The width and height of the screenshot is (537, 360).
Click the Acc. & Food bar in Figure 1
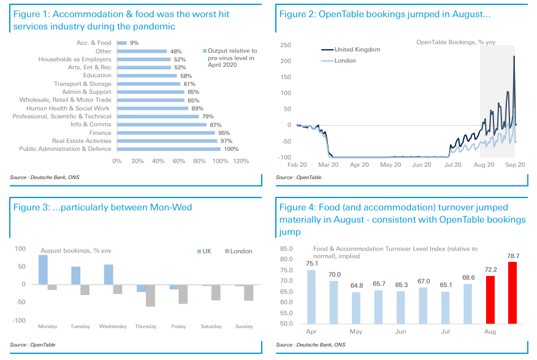pyautogui.click(x=121, y=43)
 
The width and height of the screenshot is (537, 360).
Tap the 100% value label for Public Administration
pyautogui.click(x=231, y=149)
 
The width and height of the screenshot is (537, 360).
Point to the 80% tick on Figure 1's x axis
pyautogui.click(x=199, y=161)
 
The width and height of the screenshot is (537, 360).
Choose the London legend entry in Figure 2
pyautogui.click(x=345, y=61)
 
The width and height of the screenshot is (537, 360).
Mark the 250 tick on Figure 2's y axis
pyautogui.click(x=286, y=45)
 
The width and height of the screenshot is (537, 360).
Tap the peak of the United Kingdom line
pyautogui.click(x=514, y=56)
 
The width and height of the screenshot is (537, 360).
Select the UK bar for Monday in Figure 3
pyautogui.click(x=43, y=270)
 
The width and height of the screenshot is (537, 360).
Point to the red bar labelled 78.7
pyautogui.click(x=512, y=293)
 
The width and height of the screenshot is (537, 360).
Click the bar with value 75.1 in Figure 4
pyautogui.click(x=312, y=297)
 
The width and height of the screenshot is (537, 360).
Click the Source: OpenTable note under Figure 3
pyautogui.click(x=32, y=345)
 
